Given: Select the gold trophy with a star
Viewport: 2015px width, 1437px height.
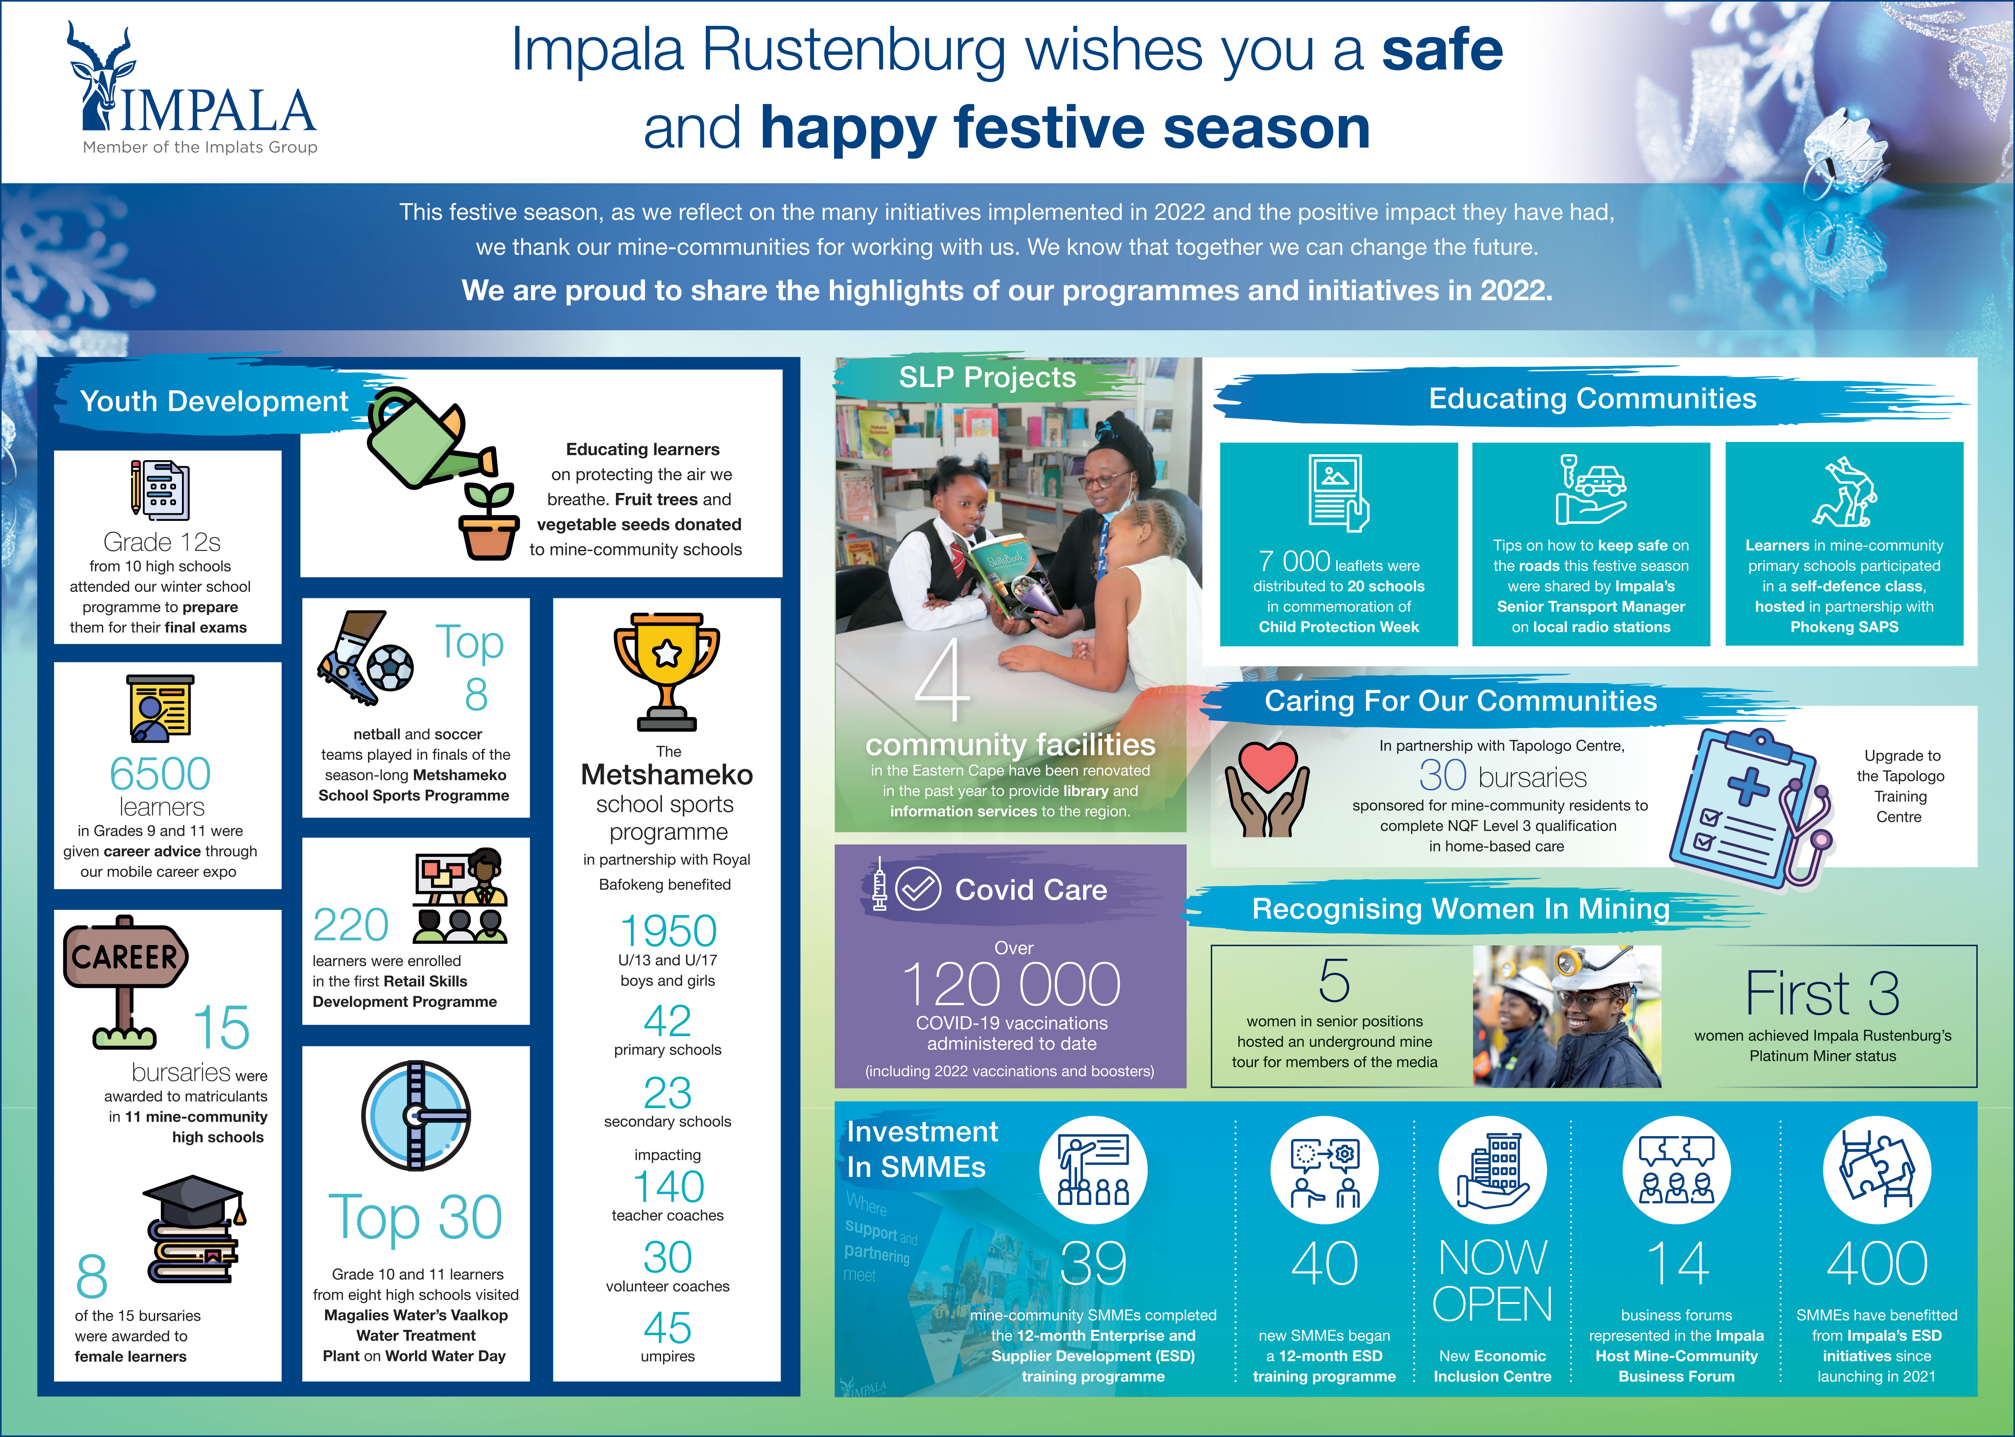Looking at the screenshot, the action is click(667, 670).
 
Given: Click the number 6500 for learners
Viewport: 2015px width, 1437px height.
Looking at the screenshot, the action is click(160, 774).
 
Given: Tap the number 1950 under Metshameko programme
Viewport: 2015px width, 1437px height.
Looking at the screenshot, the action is click(668, 931).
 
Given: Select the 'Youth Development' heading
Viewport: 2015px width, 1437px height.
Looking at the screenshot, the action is click(214, 401).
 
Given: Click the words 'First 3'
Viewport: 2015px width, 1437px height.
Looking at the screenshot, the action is click(1822, 993).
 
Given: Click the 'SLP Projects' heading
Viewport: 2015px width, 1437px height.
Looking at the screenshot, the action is click(987, 378).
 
